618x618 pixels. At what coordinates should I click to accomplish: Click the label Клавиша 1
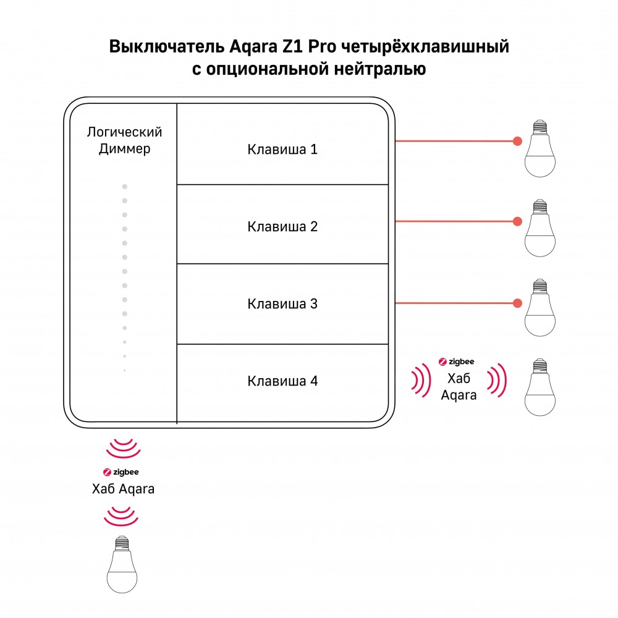pyautogui.click(x=282, y=150)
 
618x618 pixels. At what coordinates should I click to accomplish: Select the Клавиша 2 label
pyautogui.click(x=282, y=227)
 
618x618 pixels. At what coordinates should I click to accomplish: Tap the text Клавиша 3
pyautogui.click(x=282, y=304)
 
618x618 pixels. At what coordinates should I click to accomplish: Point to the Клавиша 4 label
pyautogui.click(x=282, y=381)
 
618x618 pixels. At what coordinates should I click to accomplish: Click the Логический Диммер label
pyautogui.click(x=125, y=140)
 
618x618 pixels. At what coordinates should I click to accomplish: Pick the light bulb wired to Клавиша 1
pyautogui.click(x=540, y=148)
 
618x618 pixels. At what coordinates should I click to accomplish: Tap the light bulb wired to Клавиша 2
pyautogui.click(x=540, y=228)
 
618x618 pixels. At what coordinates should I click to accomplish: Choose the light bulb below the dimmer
pyautogui.click(x=122, y=564)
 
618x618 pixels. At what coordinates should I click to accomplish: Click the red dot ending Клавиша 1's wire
pyautogui.click(x=517, y=141)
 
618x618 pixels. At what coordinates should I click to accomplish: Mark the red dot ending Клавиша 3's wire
pyautogui.click(x=517, y=303)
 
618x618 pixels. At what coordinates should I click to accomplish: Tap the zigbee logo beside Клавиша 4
pyautogui.click(x=457, y=362)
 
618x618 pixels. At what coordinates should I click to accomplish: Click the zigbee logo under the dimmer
pyautogui.click(x=121, y=472)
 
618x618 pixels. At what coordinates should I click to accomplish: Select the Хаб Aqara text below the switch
pyautogui.click(x=123, y=489)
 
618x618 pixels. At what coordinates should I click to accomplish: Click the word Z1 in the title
pyautogui.click(x=292, y=47)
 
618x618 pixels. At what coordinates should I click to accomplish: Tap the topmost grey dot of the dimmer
pyautogui.click(x=125, y=187)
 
